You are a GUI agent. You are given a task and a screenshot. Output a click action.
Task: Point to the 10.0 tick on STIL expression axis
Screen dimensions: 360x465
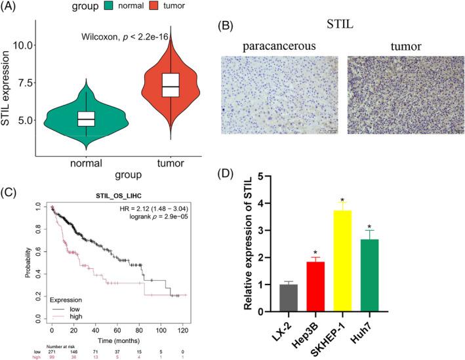pyautogui.click(x=33, y=45)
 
